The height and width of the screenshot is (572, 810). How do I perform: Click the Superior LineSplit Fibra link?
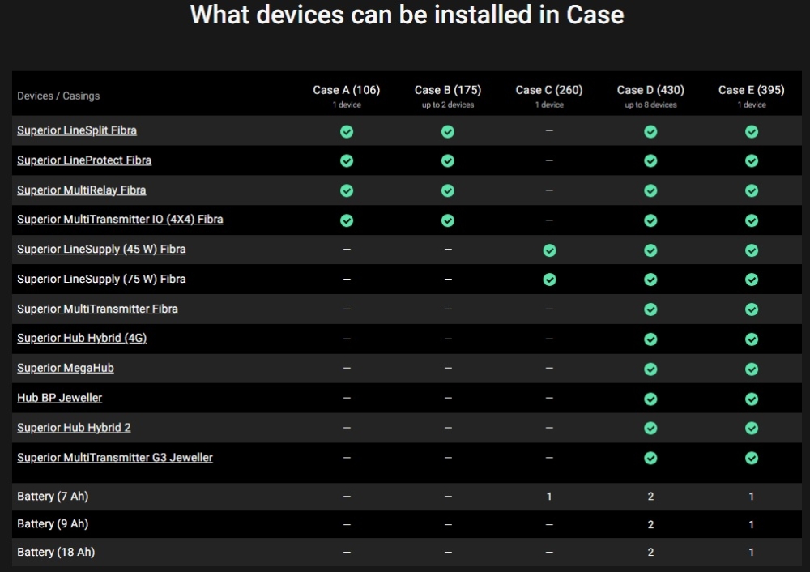[77, 130]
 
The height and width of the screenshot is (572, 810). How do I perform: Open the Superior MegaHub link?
[66, 368]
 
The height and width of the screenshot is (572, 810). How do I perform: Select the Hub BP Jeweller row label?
[59, 398]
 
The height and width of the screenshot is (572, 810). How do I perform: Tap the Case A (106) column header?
[346, 90]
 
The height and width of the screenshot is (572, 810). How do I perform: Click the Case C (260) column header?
[548, 90]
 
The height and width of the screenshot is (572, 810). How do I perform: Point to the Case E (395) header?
[751, 90]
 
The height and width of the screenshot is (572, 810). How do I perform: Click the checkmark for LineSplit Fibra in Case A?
[347, 132]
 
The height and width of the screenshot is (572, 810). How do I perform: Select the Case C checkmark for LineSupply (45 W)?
[550, 250]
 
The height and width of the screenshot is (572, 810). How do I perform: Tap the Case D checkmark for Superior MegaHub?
[650, 369]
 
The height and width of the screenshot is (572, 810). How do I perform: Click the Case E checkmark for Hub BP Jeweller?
[752, 399]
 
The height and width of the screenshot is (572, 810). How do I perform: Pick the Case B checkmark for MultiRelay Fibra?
[448, 190]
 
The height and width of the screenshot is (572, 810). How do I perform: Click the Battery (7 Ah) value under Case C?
[549, 497]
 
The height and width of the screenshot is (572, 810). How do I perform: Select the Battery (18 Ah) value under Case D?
[650, 553]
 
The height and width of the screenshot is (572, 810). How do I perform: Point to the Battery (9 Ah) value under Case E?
[752, 524]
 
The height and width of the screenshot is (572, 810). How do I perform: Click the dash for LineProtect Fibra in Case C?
[549, 160]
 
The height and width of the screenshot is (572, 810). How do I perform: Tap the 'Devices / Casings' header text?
[58, 96]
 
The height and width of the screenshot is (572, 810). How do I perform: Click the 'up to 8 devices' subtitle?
[650, 105]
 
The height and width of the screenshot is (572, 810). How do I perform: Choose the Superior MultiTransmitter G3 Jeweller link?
[115, 457]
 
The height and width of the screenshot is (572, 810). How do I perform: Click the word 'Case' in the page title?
[595, 15]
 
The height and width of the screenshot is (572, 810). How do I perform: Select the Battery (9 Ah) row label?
[53, 524]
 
